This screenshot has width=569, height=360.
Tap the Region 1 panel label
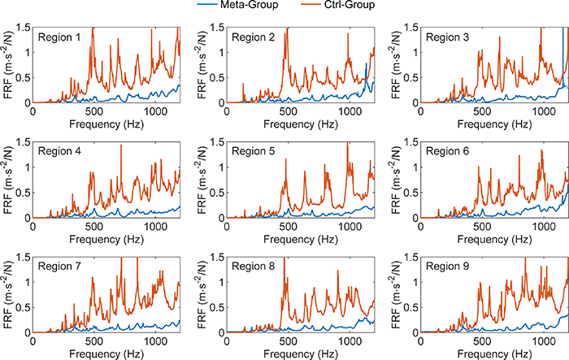(60, 37)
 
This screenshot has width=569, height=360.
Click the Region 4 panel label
(60, 152)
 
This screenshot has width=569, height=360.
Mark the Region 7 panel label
(60, 267)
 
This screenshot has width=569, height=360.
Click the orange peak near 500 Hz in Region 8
(284, 282)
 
